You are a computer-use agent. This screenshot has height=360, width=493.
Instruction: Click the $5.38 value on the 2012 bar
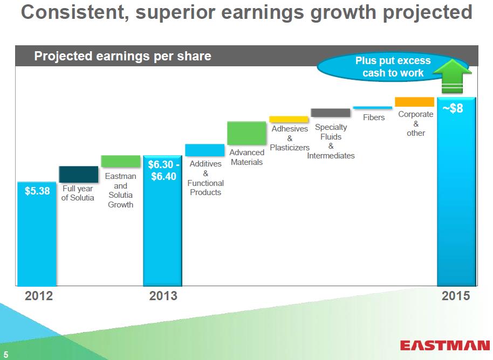[37, 191]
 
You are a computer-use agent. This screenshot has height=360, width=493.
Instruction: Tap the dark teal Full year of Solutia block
[79, 175]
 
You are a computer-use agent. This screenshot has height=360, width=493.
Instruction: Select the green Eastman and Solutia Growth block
[121, 161]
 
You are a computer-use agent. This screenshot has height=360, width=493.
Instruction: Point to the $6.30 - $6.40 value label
[163, 170]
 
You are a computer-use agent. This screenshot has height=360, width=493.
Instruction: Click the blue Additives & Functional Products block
[204, 150]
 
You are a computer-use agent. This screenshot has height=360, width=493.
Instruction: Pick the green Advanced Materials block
[246, 133]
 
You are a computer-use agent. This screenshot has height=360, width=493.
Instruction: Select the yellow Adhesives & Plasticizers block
[289, 120]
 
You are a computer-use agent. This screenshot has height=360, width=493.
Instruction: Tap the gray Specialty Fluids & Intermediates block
[331, 113]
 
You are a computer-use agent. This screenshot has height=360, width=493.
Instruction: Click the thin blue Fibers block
[373, 108]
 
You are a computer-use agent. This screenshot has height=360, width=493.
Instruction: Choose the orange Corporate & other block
[414, 102]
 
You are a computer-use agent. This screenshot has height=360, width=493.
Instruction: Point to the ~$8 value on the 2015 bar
[453, 108]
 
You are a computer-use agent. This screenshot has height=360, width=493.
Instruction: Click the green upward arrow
[453, 76]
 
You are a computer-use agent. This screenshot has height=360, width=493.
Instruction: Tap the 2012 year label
[39, 296]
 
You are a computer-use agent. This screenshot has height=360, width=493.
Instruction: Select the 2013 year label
[163, 296]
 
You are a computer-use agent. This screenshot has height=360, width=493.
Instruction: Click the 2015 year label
[456, 296]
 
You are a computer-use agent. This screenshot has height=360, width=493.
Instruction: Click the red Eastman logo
[445, 345]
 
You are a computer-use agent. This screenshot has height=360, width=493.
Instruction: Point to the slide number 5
[5, 355]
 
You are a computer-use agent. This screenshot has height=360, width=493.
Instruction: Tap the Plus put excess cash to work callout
[393, 67]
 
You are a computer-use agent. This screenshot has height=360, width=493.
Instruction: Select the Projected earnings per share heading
[122, 56]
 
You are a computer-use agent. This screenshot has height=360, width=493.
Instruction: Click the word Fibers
[374, 117]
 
